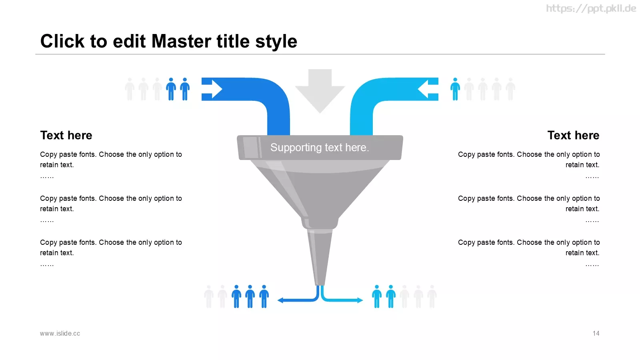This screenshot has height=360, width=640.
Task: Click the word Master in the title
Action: (x=182, y=41)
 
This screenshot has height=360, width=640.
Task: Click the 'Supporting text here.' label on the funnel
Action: (x=320, y=148)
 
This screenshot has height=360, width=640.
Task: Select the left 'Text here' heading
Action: (x=66, y=135)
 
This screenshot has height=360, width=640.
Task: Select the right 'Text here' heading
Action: (x=573, y=135)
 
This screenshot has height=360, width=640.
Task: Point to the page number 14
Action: (x=596, y=334)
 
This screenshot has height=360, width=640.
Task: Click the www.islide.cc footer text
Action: (x=60, y=334)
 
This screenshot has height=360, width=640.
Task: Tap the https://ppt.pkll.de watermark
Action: (x=591, y=8)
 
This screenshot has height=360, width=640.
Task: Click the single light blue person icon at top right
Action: (x=455, y=89)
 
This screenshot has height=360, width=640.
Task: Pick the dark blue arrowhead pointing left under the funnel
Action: (x=280, y=300)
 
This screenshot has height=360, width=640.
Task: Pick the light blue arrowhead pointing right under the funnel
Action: (x=360, y=300)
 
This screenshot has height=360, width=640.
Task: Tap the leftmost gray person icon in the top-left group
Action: (x=130, y=89)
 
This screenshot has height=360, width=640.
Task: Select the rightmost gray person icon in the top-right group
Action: (x=510, y=89)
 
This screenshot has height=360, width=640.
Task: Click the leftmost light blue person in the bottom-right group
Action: (x=377, y=296)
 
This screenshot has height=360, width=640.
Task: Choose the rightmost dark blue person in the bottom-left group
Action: (x=264, y=296)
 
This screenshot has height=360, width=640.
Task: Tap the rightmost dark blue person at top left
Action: (x=185, y=89)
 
